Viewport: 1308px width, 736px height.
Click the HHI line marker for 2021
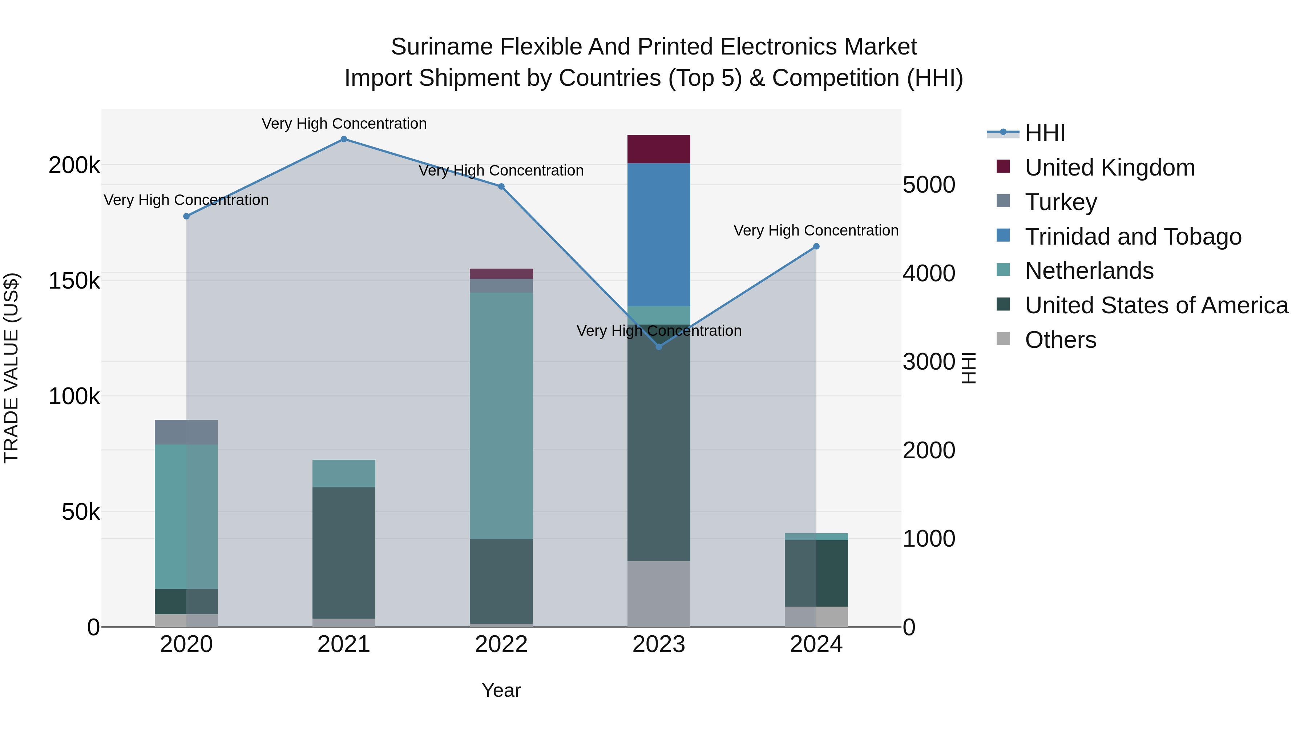(344, 139)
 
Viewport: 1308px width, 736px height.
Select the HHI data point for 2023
(659, 347)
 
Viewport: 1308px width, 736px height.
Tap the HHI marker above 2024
(816, 246)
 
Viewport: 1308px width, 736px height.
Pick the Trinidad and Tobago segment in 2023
(659, 234)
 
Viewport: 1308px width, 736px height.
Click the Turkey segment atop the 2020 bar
(186, 432)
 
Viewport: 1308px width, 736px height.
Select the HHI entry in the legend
(1045, 133)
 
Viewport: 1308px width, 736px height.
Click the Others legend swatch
(1003, 339)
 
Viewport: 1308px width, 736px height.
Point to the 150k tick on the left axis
(74, 281)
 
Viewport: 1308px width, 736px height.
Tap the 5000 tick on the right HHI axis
(929, 185)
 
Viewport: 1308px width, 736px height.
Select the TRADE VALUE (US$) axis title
(11, 368)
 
